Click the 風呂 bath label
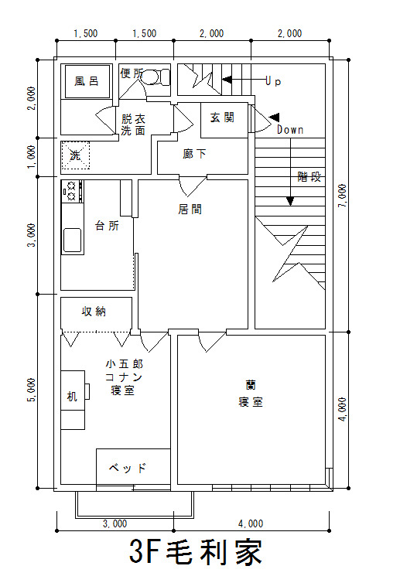87,81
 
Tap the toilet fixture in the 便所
156,77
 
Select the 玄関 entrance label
222,118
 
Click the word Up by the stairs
273,81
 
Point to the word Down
290,130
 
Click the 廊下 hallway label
194,154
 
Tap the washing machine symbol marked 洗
76,155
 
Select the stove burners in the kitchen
72,191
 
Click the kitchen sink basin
72,240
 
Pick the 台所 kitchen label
108,225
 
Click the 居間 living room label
190,210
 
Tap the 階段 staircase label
309,176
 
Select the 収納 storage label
94,311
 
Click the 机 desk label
72,397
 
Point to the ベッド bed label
128,467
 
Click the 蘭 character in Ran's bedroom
251,384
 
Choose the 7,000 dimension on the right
343,196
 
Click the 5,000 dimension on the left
32,390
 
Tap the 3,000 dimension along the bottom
115,523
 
